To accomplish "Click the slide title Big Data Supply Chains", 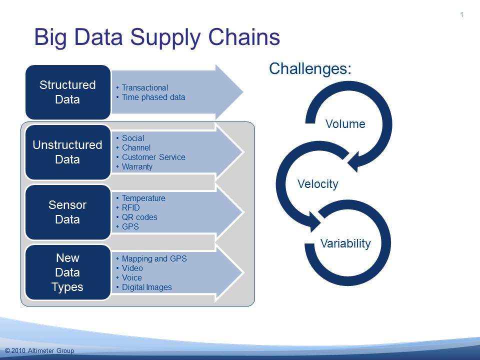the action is click(x=157, y=37).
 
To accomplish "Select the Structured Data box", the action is click(x=68, y=92).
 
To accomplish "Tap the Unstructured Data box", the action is click(x=68, y=152).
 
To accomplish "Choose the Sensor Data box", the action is click(x=68, y=212).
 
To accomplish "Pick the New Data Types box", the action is click(x=68, y=272).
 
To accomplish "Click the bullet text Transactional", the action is click(x=145, y=88).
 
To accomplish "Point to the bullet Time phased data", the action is click(x=153, y=97).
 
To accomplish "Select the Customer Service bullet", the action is click(x=153, y=157).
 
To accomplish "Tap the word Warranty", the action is click(x=137, y=167).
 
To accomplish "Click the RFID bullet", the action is click(x=130, y=208).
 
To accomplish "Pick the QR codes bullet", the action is click(x=139, y=217).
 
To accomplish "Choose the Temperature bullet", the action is click(x=143, y=198).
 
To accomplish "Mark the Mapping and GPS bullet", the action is click(x=154, y=259).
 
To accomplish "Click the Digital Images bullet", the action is click(x=147, y=287).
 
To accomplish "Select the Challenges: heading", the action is click(x=310, y=68).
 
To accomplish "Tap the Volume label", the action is click(x=345, y=124).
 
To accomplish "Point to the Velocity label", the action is click(x=318, y=184).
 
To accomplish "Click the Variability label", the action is click(x=345, y=243).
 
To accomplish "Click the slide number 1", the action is click(x=461, y=14).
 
